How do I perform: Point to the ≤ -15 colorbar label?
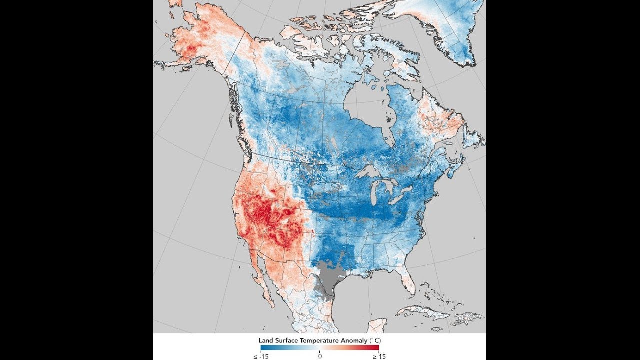click(x=261, y=357)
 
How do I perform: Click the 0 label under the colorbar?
click(x=320, y=356)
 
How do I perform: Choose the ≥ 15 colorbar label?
click(x=379, y=357)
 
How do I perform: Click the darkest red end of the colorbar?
click(x=377, y=347)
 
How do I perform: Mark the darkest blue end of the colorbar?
click(x=263, y=347)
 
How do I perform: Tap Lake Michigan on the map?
click(x=374, y=195)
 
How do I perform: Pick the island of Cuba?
click(x=423, y=313)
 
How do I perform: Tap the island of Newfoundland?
click(x=473, y=139)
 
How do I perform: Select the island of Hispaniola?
click(x=466, y=319)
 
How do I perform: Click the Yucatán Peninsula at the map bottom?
click(x=377, y=326)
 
